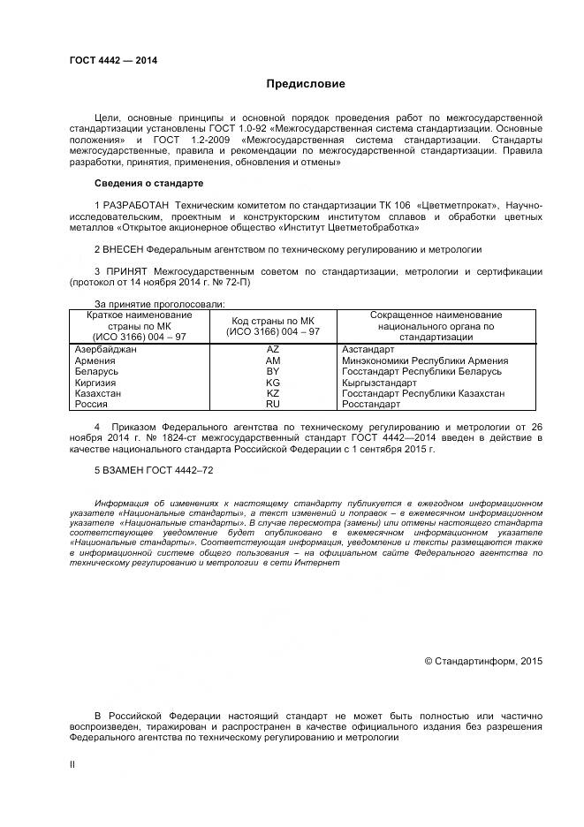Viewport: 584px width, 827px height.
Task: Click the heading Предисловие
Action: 307,84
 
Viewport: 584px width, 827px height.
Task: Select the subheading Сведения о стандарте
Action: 148,183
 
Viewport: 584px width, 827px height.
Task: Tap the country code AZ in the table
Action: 272,350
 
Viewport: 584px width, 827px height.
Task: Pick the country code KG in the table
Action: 272,383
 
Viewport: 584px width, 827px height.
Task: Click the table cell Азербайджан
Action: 106,350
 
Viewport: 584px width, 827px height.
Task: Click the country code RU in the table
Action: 272,404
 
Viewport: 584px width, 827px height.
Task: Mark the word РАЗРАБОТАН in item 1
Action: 136,205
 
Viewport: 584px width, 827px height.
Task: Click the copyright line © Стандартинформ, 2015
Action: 483,660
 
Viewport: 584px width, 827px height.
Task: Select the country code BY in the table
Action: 272,372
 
